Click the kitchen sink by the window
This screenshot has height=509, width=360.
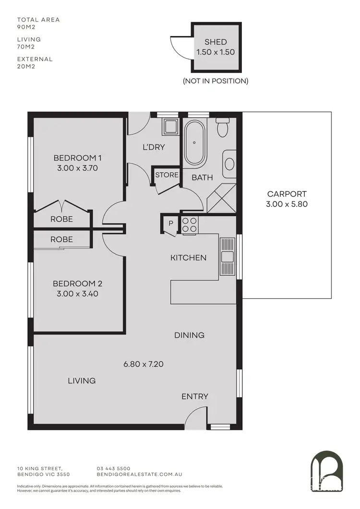[x=227, y=257]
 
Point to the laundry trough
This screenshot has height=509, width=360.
[x=170, y=127]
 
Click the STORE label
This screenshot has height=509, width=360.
[x=167, y=175]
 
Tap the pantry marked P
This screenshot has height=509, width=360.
[x=170, y=224]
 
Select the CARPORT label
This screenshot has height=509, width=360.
[x=287, y=194]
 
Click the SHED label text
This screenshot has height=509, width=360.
[x=216, y=42]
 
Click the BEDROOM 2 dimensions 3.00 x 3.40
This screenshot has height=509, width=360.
[x=77, y=294]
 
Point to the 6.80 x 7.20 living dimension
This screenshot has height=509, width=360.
[x=144, y=364]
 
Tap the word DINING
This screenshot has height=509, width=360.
[x=189, y=335]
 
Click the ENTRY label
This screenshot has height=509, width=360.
[x=195, y=396]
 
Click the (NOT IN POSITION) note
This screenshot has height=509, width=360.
[x=216, y=81]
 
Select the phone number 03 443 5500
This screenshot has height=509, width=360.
[x=113, y=469]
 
